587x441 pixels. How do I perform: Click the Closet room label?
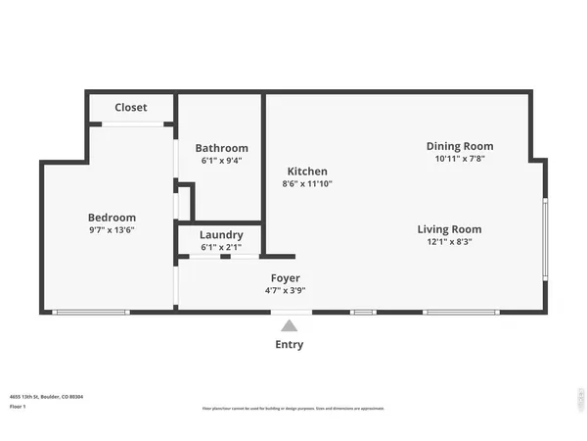click(x=131, y=108)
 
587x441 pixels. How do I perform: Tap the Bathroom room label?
click(x=221, y=148)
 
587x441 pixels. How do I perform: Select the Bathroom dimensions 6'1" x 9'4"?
click(x=221, y=161)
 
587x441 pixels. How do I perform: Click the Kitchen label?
click(x=306, y=171)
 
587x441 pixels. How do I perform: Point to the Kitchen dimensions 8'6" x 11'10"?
click(x=306, y=183)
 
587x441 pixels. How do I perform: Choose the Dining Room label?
click(x=460, y=146)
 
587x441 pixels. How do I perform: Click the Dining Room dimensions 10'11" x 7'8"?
click(x=460, y=159)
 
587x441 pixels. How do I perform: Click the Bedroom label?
click(x=112, y=218)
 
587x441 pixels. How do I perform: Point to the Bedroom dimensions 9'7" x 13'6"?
click(x=112, y=230)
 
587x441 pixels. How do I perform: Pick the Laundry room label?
click(x=221, y=235)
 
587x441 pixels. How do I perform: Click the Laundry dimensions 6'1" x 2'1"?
click(x=221, y=248)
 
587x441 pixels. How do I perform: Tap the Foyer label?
click(x=286, y=278)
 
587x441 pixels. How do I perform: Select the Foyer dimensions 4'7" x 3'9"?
click(x=286, y=291)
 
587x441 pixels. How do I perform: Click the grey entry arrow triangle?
click(x=289, y=326)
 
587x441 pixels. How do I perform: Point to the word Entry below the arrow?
click(x=289, y=345)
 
